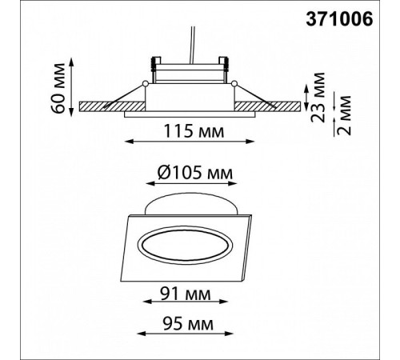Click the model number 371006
click(339, 19)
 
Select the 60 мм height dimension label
click(58, 88)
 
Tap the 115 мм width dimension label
click(194, 131)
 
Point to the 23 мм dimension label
click(318, 97)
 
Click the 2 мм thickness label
click(344, 115)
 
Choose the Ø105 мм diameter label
click(195, 173)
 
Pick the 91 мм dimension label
click(185, 294)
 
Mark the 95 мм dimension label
click(188, 324)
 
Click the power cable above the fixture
click(192, 45)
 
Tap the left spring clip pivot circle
click(146, 84)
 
